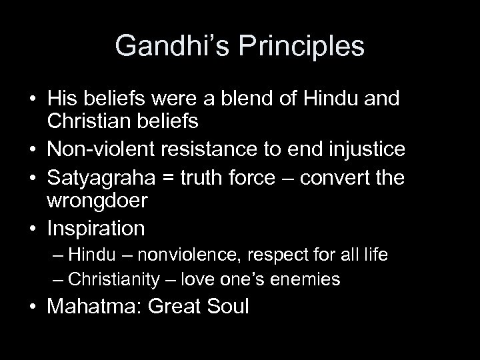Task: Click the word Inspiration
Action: (x=96, y=228)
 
